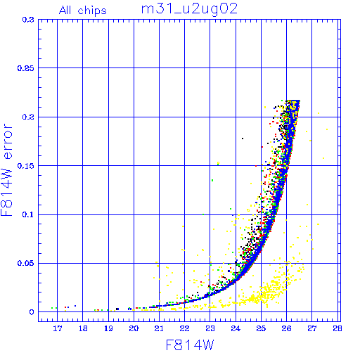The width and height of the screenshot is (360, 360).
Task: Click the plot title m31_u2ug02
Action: click(189, 9)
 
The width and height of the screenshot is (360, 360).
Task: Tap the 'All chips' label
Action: click(83, 11)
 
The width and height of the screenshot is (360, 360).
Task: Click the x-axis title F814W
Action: click(190, 345)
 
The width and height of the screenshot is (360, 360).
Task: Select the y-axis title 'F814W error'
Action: click(7, 170)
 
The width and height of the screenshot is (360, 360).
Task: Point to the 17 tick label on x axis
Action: click(58, 328)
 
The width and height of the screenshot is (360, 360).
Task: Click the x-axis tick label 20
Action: click(134, 328)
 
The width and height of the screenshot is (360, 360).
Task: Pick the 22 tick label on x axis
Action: click(185, 328)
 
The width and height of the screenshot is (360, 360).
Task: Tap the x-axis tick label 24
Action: click(236, 328)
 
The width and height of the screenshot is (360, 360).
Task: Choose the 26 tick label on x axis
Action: click(286, 328)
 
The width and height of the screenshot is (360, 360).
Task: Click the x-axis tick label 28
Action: click(337, 328)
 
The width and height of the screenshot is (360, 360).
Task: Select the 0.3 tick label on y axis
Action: click(28, 20)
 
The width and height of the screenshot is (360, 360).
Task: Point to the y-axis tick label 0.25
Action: click(26, 68)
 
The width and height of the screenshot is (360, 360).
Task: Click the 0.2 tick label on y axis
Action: click(28, 117)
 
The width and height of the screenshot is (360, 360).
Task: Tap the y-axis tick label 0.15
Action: click(26, 166)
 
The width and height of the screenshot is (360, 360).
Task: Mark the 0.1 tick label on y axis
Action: click(28, 214)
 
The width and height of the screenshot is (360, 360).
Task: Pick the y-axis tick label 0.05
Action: click(26, 263)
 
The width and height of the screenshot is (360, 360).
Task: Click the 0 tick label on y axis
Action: click(32, 312)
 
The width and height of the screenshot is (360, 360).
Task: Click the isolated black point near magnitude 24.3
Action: click(243, 139)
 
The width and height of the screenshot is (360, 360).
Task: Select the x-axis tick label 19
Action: click(108, 328)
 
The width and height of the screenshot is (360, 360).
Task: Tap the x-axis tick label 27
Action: click(312, 328)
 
